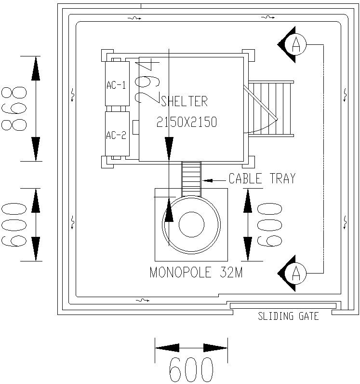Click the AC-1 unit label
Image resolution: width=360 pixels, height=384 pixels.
116,85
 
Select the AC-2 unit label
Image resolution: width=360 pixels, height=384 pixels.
116,135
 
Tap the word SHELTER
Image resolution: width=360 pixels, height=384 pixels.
185,101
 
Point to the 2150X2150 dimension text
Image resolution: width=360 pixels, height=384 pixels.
187,123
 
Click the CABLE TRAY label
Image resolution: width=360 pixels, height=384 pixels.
262,179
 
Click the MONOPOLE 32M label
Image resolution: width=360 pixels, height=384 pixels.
196,273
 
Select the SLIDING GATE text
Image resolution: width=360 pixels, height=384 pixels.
288,317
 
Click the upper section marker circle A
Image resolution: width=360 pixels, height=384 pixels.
296,45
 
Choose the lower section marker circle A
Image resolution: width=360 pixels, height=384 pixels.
296,274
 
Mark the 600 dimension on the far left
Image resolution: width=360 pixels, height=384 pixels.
13,225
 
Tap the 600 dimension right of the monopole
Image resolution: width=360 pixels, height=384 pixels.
270,225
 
